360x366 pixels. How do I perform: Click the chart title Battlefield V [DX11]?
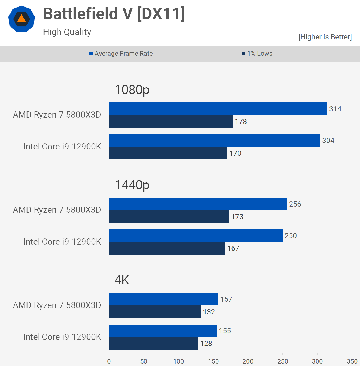coord(114,14)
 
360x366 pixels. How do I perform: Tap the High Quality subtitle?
coord(67,32)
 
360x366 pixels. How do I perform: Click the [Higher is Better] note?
coord(325,37)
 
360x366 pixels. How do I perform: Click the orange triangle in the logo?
coord(21,19)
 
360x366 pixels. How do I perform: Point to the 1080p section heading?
coord(132,90)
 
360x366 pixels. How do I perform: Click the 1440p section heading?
coord(132,185)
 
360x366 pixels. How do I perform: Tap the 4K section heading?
coord(122,280)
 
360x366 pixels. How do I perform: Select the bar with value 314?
coord(218,109)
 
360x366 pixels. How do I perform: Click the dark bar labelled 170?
coord(168,153)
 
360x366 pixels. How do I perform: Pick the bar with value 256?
coord(198,204)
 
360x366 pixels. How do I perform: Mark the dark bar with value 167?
coord(167,248)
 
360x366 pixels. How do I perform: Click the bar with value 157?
coord(164,299)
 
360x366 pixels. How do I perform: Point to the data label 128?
coord(206,344)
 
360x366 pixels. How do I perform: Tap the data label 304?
coord(328,141)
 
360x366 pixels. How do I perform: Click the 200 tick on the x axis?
coord(248,361)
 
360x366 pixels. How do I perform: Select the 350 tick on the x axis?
coord(352,361)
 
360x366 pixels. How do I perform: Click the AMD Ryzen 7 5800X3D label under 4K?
coord(57,305)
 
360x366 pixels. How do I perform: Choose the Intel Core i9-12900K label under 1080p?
coord(62,147)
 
